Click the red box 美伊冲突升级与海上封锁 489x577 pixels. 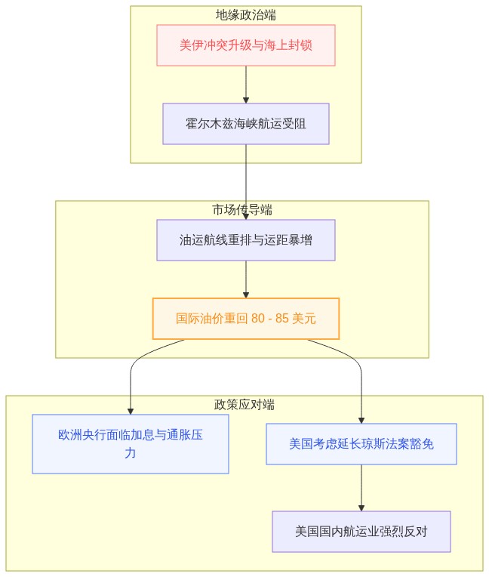click(x=246, y=45)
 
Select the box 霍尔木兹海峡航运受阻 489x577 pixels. click(x=246, y=124)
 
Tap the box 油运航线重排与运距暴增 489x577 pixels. click(x=246, y=240)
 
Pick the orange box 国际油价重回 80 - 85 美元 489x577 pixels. click(x=246, y=319)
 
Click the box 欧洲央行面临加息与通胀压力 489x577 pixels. click(x=131, y=444)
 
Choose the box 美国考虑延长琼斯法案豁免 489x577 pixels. click(x=361, y=444)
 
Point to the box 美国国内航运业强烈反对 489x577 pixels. click(x=361, y=532)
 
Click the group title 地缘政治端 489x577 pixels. click(x=246, y=15)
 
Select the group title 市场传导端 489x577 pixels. click(x=242, y=210)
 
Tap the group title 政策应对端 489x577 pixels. click(x=244, y=404)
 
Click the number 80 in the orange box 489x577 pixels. click(x=258, y=318)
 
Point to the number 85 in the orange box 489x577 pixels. click(x=282, y=318)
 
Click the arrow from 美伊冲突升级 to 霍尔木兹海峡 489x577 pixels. click(x=246, y=85)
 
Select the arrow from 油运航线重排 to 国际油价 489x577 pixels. click(x=246, y=279)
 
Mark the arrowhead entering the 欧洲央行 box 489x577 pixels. click(x=131, y=412)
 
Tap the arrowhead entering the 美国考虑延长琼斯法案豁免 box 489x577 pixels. click(x=361, y=421)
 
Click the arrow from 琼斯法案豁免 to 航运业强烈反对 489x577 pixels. click(x=361, y=488)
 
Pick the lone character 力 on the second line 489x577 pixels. click(x=130, y=452)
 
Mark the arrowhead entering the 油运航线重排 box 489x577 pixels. click(x=246, y=217)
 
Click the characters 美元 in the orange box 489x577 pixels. click(x=303, y=318)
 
